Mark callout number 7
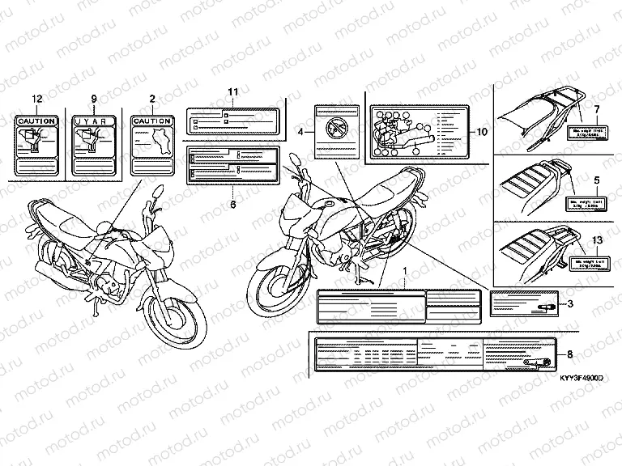[596, 108]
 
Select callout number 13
[598, 241]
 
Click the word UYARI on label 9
[93, 121]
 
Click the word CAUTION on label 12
[36, 121]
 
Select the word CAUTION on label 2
[152, 121]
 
